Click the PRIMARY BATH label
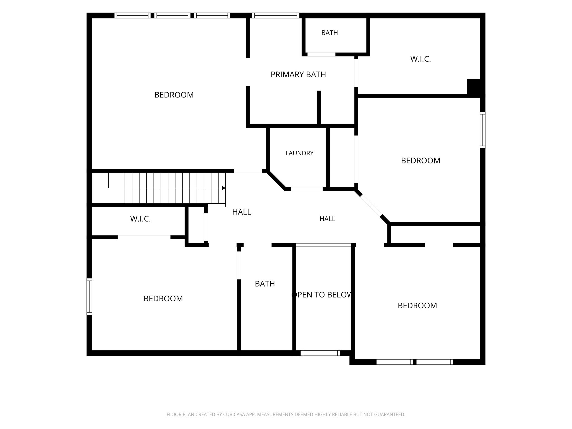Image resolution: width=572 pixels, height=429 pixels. click(x=298, y=75)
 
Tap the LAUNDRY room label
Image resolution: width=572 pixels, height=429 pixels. click(x=299, y=153)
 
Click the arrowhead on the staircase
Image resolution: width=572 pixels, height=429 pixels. click(x=223, y=188)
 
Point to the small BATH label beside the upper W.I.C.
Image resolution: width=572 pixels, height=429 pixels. click(x=330, y=33)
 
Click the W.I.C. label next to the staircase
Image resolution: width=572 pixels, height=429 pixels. click(x=140, y=219)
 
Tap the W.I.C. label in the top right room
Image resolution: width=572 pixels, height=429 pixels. click(x=421, y=59)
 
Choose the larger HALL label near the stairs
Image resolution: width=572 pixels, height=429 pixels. click(x=242, y=212)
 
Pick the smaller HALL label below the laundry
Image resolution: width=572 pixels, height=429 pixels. click(x=327, y=219)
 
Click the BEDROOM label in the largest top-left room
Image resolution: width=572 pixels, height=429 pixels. click(x=174, y=95)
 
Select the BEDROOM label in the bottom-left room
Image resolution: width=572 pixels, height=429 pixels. click(x=163, y=299)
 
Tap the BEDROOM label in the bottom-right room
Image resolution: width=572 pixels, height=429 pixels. click(x=417, y=306)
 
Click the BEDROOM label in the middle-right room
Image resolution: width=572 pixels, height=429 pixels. click(x=421, y=161)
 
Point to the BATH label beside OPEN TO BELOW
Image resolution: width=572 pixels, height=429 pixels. click(x=265, y=284)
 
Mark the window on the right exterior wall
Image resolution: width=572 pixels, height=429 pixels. click(x=483, y=130)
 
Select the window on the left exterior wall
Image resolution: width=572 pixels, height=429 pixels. click(x=89, y=297)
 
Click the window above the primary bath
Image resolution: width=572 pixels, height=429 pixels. click(x=276, y=15)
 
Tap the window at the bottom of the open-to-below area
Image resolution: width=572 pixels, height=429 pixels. click(x=320, y=353)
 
